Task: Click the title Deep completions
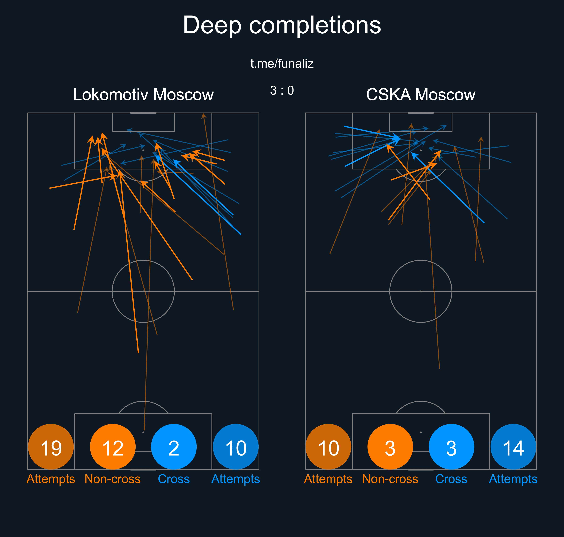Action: click(x=282, y=25)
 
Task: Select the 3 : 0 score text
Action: click(x=282, y=91)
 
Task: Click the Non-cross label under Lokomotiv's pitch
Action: click(x=113, y=479)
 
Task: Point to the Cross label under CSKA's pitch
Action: click(x=451, y=479)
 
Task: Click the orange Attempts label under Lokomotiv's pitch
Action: click(x=51, y=479)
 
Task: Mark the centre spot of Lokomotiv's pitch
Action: click(x=143, y=291)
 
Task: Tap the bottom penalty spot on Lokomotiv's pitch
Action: click(x=143, y=432)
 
